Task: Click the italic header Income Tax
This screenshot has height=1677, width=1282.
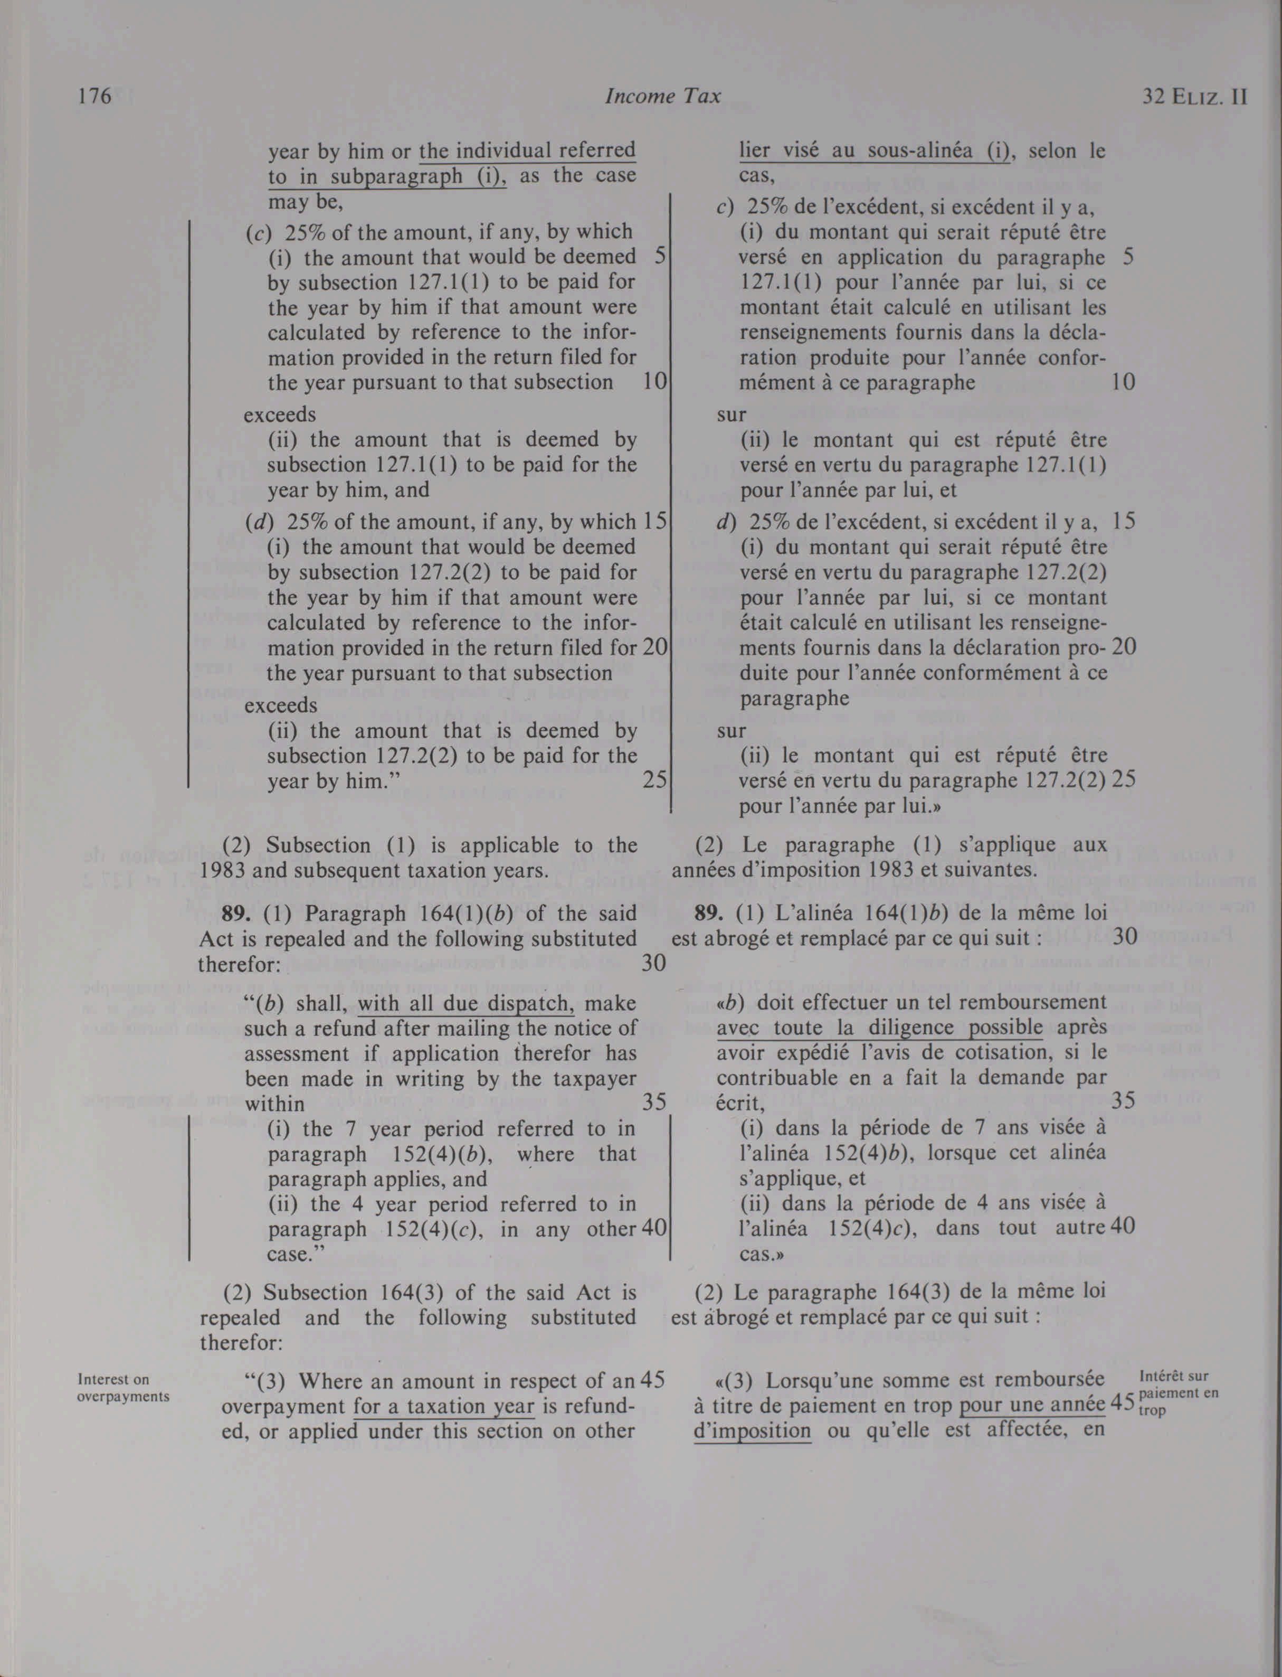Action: coord(662,96)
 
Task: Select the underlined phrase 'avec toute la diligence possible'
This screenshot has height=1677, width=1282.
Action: coord(880,1028)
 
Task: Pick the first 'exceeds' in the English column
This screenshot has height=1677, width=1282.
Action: coord(279,414)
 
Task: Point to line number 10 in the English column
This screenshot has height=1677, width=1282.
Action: coord(654,382)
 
